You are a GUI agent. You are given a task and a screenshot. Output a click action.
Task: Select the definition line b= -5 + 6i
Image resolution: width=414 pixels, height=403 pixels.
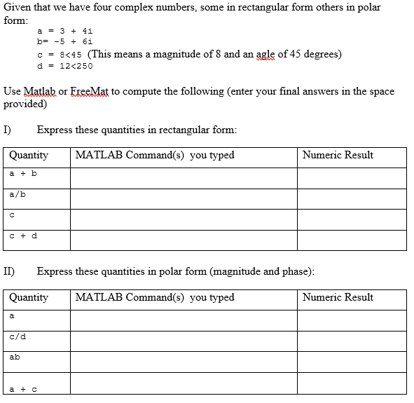pyautogui.click(x=64, y=42)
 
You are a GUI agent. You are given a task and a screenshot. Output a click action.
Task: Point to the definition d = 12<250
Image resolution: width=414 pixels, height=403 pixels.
pyautogui.click(x=64, y=66)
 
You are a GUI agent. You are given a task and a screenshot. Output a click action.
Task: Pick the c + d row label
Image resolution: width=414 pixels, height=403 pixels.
pyautogui.click(x=23, y=236)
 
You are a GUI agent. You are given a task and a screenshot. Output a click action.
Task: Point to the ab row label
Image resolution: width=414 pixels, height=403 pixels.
pyautogui.click(x=15, y=357)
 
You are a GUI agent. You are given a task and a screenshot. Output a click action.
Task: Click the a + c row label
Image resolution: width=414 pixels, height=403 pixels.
pyautogui.click(x=23, y=388)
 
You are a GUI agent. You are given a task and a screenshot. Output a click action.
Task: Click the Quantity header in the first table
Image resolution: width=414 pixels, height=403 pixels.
pyautogui.click(x=29, y=155)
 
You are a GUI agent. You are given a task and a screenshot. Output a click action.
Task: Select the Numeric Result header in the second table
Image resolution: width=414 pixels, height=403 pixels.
pyautogui.click(x=338, y=297)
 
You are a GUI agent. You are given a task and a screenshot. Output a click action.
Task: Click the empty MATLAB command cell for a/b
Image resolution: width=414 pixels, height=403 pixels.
pyautogui.click(x=183, y=198)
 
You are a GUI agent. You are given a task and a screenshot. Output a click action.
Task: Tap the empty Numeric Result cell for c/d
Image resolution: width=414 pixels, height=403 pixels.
pyautogui.click(x=351, y=341)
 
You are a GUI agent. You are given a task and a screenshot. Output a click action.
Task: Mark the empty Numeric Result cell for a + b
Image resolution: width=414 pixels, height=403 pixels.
pyautogui.click(x=351, y=177)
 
